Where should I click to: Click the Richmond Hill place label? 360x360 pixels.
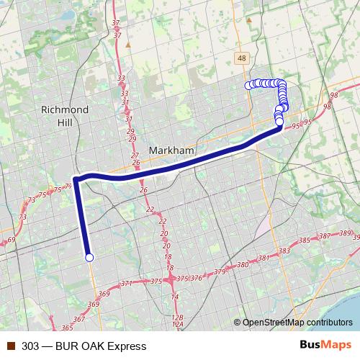[x=65, y=115]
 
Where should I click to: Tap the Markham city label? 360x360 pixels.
[x=171, y=150]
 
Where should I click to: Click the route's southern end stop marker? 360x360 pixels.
[x=89, y=257]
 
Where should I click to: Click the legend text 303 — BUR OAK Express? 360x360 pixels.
[x=74, y=346]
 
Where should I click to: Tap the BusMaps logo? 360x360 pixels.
[x=325, y=346]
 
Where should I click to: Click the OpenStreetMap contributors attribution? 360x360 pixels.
[x=297, y=323]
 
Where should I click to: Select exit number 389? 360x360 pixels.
[x=346, y=234]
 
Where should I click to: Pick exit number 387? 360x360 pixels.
[x=325, y=236]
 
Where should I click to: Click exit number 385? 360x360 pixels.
[x=304, y=240]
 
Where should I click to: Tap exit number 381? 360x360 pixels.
[x=263, y=258]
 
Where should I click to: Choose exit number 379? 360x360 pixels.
[x=220, y=272]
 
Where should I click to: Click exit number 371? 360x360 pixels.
[x=127, y=284]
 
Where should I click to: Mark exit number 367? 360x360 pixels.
[x=78, y=318]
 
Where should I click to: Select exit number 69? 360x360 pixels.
[x=11, y=240]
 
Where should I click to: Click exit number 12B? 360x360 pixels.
[x=178, y=317]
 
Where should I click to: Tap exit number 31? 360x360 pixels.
[x=126, y=102]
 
